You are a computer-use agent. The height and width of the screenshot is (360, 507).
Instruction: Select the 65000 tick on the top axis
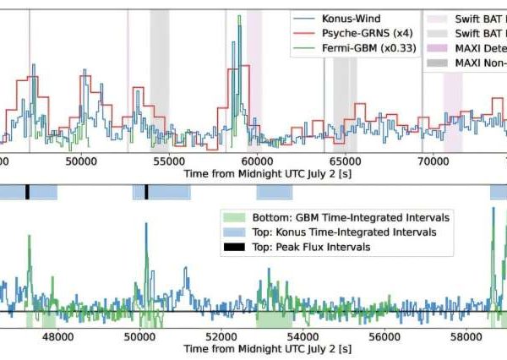pyautogui.click(x=345, y=158)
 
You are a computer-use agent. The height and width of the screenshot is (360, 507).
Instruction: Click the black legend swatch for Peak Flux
pyautogui.click(x=232, y=247)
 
